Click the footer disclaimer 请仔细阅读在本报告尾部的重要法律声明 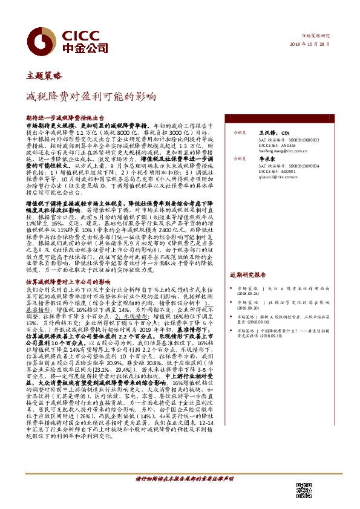point(183,479)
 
